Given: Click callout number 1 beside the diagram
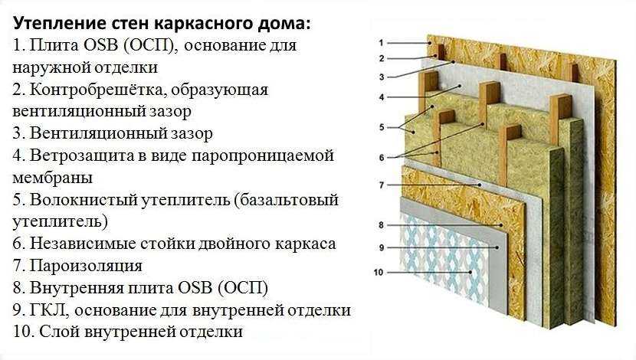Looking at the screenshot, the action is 382,43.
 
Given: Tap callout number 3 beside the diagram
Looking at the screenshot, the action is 382,77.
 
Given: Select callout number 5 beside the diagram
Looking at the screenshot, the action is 382,127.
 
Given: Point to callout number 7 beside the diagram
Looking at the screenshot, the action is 382,185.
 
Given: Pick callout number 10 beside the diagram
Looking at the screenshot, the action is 379,273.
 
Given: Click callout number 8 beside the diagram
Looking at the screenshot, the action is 382,225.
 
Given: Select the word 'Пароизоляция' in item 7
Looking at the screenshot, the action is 86,266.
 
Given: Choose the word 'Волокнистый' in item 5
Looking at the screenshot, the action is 84,200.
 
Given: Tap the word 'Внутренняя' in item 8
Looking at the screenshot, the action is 77,288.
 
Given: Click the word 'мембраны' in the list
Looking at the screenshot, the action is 53,178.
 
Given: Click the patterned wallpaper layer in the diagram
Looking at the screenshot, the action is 444,259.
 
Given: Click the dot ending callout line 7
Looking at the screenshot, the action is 480,185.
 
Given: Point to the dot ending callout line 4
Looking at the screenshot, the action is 461,86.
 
